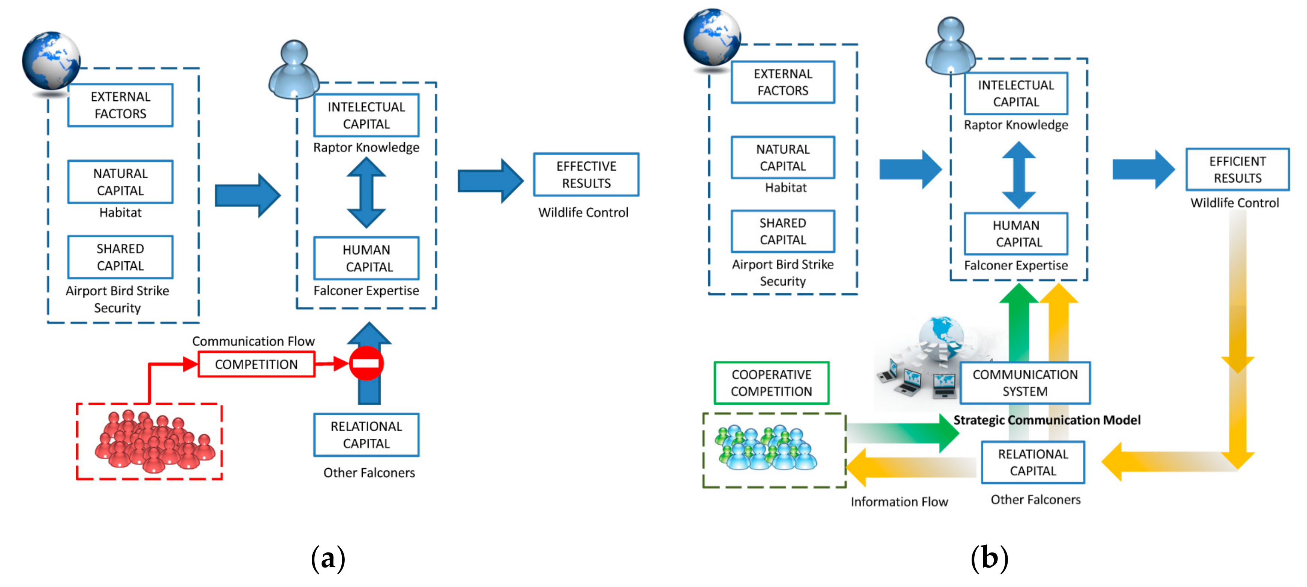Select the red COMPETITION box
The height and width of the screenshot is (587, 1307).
click(256, 365)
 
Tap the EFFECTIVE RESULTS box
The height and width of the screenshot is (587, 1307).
click(586, 174)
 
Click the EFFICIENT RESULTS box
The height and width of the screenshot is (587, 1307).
click(1237, 169)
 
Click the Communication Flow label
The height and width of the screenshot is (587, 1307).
click(253, 341)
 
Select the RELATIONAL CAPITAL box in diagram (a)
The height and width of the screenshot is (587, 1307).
click(366, 435)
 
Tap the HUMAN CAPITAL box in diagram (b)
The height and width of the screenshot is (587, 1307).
click(1016, 234)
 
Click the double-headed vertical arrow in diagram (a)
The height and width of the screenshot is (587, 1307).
click(366, 193)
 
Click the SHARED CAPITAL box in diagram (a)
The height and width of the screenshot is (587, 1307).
click(120, 257)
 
